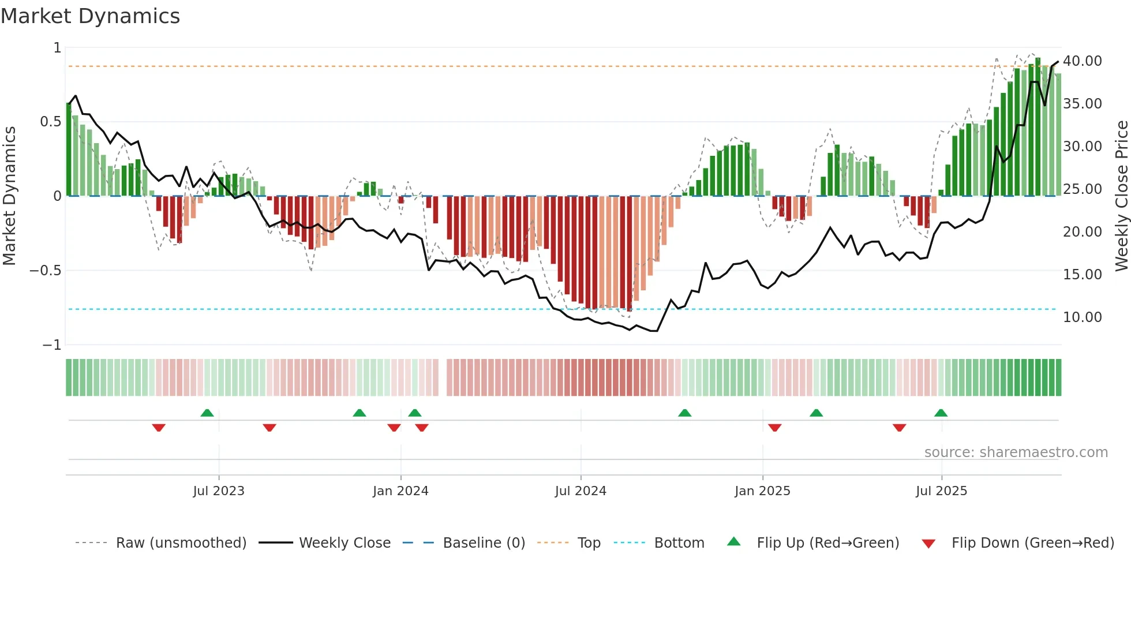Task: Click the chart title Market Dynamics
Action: [90, 16]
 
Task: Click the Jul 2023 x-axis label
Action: [218, 491]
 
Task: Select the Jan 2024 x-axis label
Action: [400, 491]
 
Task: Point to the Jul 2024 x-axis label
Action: [581, 491]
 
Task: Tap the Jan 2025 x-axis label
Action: [762, 491]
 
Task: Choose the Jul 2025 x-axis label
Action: [941, 491]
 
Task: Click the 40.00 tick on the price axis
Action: [1082, 61]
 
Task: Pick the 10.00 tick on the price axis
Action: [1082, 317]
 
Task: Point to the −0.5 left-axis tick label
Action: [45, 271]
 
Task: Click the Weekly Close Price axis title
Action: [1121, 196]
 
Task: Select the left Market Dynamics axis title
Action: [9, 196]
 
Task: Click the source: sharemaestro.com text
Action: [1016, 452]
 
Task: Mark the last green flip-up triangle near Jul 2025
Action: [941, 413]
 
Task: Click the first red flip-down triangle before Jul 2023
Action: [159, 428]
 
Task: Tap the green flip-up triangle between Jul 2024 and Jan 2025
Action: [684, 413]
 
